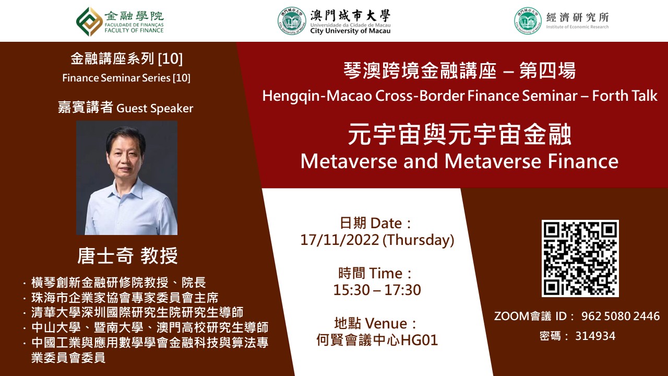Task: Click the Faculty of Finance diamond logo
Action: (x=89, y=21)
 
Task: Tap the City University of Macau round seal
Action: (x=292, y=21)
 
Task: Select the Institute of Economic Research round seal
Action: (x=528, y=21)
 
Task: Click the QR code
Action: (x=580, y=258)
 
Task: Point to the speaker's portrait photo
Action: (x=127, y=178)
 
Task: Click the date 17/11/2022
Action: (x=340, y=240)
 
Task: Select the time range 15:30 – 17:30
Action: (x=377, y=290)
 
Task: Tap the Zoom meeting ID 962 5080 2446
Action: (x=621, y=316)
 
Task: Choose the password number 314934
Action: (x=595, y=336)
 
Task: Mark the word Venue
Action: (x=386, y=323)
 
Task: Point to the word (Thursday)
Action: (x=419, y=240)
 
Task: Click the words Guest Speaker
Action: (x=155, y=108)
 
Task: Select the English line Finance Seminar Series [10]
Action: (x=126, y=78)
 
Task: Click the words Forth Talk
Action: (x=625, y=96)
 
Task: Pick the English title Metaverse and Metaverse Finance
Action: (x=459, y=161)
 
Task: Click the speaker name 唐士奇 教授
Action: (x=127, y=256)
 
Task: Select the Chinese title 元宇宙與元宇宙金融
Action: (x=460, y=134)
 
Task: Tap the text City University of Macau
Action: (x=350, y=31)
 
